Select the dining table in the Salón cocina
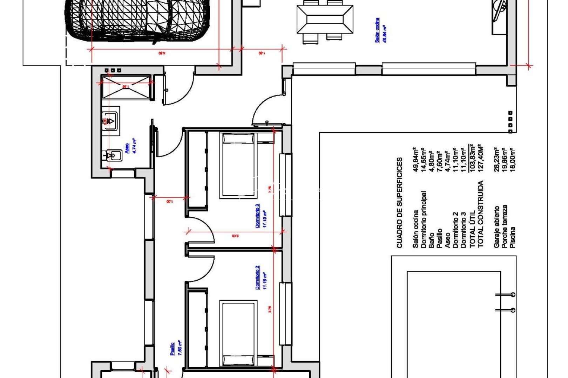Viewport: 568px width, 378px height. pyautogui.click(x=325, y=20)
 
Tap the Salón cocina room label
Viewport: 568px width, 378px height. pyautogui.click(x=381, y=30)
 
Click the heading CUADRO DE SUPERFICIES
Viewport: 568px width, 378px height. pyautogui.click(x=400, y=203)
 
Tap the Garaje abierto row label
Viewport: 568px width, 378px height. pyautogui.click(x=496, y=227)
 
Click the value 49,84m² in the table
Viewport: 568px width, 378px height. pyautogui.click(x=416, y=159)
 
